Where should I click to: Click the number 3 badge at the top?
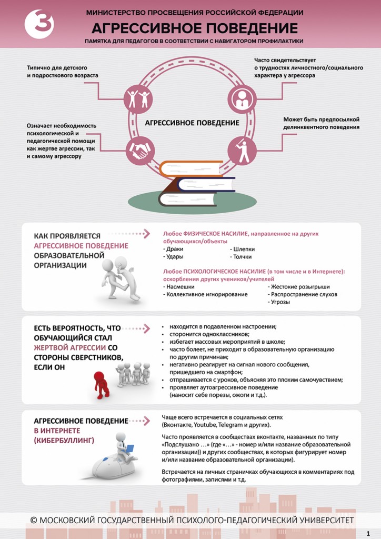point(39,24)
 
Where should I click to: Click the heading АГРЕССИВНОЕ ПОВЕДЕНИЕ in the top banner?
point(195,28)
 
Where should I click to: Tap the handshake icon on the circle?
point(139,152)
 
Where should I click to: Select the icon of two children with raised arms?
point(138,98)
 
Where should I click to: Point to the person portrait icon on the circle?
point(242,98)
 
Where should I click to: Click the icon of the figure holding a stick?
point(242,151)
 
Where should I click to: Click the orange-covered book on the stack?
point(191,168)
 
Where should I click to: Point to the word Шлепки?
point(242,248)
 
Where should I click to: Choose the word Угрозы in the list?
point(280,303)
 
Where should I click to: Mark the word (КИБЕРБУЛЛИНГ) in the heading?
point(64,440)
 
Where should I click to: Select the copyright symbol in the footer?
point(34,520)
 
